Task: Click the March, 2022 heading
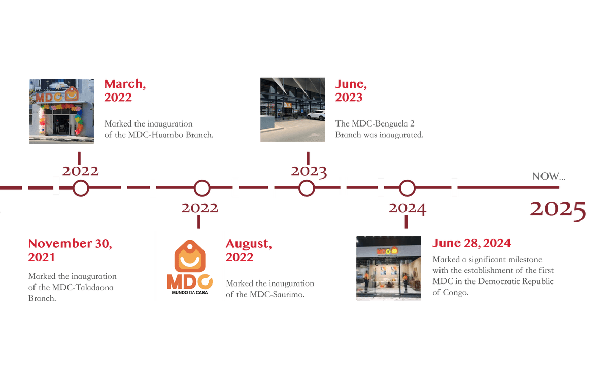125,90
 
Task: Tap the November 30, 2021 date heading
70,250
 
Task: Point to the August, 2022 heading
249,250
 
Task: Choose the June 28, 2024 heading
471,243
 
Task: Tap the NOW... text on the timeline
548,177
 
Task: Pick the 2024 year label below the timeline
407,208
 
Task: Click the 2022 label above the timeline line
81,171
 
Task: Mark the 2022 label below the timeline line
199,208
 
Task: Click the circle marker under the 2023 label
307,188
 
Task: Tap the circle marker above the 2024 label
407,188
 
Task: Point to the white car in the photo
316,115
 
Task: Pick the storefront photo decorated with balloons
61,111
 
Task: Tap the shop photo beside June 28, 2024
388,268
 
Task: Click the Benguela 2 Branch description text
379,130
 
